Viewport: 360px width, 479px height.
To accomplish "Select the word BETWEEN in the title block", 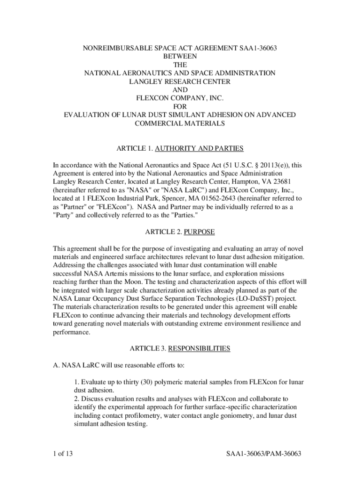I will [180, 56].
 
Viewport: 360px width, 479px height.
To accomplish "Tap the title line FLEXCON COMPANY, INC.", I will [180, 98].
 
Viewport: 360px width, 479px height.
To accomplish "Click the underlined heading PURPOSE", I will [200, 232].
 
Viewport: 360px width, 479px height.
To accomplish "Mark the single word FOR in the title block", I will [180, 107].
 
